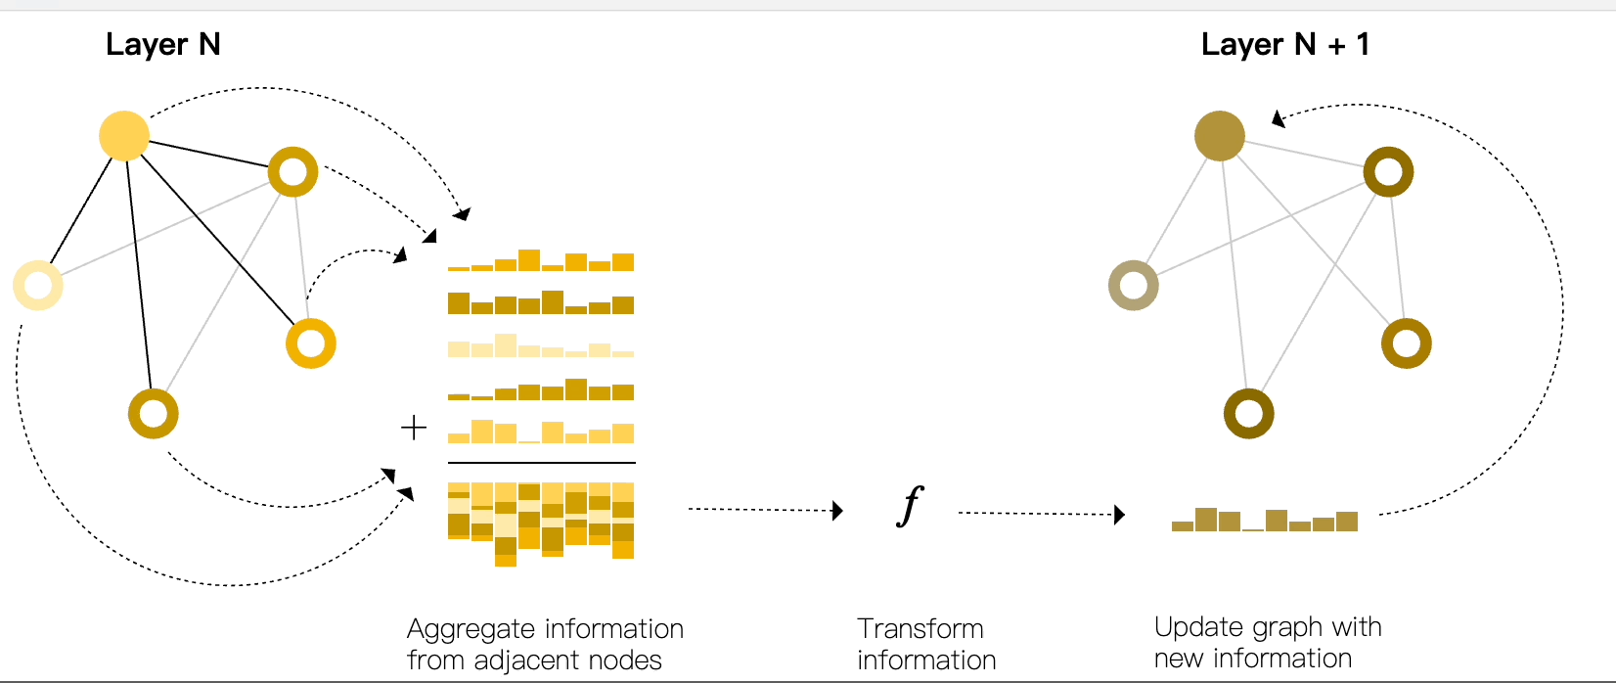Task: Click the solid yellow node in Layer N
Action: click(124, 135)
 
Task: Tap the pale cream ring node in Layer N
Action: click(38, 286)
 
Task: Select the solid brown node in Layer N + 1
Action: click(1219, 135)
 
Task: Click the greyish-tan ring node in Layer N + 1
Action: click(1133, 286)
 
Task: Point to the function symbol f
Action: click(910, 507)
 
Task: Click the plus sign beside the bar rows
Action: click(414, 428)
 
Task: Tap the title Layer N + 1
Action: click(1284, 44)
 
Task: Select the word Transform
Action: click(920, 628)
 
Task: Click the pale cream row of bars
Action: click(540, 346)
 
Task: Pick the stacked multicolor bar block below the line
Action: click(540, 523)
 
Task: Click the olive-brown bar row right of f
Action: click(1264, 520)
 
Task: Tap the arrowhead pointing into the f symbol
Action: click(837, 510)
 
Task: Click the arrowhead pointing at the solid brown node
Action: click(1278, 118)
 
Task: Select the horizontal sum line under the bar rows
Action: click(541, 462)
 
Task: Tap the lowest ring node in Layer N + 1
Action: click(1248, 413)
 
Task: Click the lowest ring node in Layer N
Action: click(154, 413)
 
